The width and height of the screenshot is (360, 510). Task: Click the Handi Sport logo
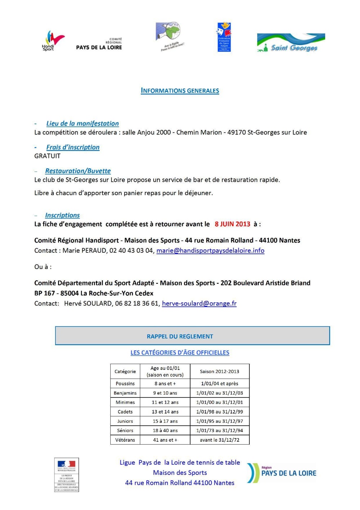coord(53,41)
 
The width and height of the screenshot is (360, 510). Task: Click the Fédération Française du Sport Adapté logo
coord(224,37)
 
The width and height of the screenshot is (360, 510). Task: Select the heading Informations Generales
coord(180,91)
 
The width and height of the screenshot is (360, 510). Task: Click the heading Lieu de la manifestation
coord(83,123)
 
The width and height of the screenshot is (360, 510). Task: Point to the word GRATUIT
coord(47,156)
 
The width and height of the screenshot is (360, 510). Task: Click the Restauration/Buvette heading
coord(78,171)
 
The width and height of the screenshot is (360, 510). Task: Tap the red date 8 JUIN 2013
coord(232,224)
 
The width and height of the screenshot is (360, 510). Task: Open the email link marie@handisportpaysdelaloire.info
coord(210,250)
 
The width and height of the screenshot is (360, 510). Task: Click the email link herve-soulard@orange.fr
coord(199,303)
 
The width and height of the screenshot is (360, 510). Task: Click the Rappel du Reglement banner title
coord(180,336)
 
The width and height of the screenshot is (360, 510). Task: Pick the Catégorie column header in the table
coord(125,371)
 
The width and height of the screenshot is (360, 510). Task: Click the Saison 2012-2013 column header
coord(219,371)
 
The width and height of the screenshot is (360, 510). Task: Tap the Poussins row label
coord(125,383)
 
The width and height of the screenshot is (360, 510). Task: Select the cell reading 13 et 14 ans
coord(165,412)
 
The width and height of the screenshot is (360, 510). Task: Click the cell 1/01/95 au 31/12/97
coord(219,421)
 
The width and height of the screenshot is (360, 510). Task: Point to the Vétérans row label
coord(125,440)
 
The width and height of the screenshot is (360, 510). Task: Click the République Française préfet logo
coord(66,475)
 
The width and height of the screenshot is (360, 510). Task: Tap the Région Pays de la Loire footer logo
coord(282,472)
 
